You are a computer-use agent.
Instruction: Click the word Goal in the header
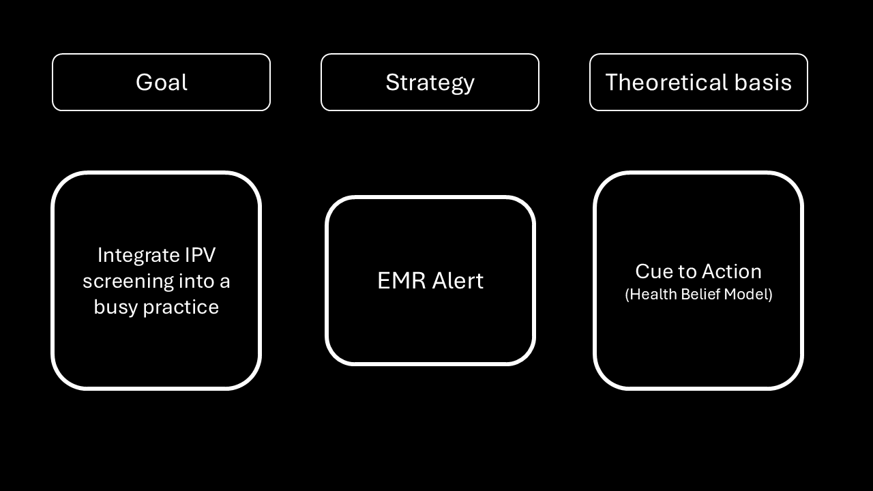click(x=162, y=83)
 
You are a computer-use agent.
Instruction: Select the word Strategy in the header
click(x=430, y=83)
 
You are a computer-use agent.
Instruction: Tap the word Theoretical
click(x=667, y=83)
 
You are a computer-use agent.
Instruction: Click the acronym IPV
click(x=200, y=255)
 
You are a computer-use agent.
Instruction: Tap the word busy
click(x=116, y=308)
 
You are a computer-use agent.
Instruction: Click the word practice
click(x=181, y=308)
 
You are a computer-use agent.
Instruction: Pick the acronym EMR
click(x=402, y=280)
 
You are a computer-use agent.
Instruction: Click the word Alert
click(x=458, y=280)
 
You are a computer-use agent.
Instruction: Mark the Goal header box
click(x=161, y=54)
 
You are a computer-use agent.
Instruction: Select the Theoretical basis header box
click(x=699, y=54)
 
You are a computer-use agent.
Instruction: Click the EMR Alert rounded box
click(x=430, y=197)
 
